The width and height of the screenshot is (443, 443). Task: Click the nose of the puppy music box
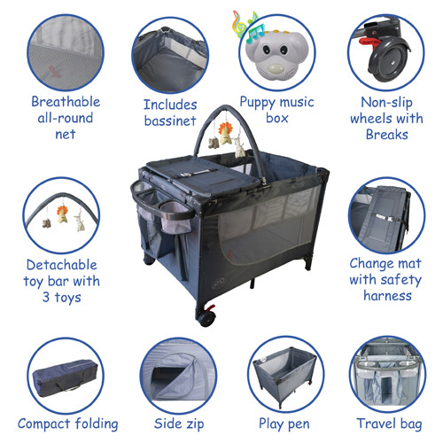274,69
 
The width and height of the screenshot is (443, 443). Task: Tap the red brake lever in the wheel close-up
369,42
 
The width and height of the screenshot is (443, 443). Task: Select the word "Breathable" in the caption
66,102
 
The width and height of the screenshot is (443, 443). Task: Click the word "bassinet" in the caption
170,120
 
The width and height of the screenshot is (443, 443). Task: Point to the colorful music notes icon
247,26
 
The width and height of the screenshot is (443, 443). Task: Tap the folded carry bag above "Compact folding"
65,377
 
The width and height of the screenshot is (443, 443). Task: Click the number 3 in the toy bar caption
46,297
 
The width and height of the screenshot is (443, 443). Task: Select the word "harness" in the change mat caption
387,296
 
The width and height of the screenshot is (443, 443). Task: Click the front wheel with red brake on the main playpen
206,317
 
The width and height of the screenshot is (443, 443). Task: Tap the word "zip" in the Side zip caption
194,424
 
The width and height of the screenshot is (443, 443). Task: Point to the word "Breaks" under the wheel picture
387,135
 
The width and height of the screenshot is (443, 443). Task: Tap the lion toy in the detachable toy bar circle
62,214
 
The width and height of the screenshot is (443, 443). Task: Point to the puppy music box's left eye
265,49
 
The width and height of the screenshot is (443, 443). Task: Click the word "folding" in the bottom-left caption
97,424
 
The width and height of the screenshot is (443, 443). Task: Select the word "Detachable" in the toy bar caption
62,265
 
